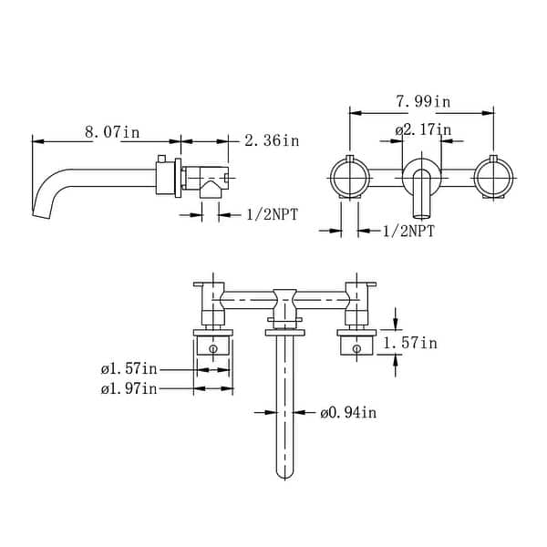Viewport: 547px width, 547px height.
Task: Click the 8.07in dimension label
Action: pyautogui.click(x=112, y=132)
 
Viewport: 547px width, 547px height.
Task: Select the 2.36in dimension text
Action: pyautogui.click(x=272, y=140)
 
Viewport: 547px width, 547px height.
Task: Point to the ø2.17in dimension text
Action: pyautogui.click(x=423, y=130)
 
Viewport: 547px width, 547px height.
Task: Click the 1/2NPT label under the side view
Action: pyautogui.click(x=276, y=214)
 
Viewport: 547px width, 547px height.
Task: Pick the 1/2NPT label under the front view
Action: pyautogui.click(x=408, y=231)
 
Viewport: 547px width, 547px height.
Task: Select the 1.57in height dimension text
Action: pyautogui.click(x=409, y=343)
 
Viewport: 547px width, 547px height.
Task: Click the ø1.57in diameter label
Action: pyautogui.click(x=130, y=369)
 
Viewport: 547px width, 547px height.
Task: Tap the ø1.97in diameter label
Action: pyautogui.click(x=129, y=389)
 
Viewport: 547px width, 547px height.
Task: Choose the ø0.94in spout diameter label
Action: pyautogui.click(x=348, y=413)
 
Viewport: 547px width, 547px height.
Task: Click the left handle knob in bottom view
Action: pyautogui.click(x=213, y=347)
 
